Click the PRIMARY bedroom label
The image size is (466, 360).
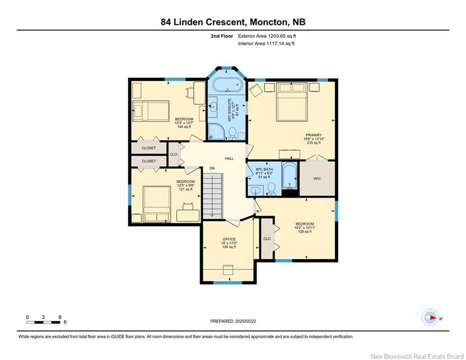tap(313, 135)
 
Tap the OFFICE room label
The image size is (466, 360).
tap(229, 239)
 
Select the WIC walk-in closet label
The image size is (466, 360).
tap(317, 179)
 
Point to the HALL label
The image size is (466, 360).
tap(229, 158)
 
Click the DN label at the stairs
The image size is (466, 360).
tap(212, 168)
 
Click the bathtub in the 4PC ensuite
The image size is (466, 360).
tap(227, 85)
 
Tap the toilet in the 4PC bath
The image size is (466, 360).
tap(271, 189)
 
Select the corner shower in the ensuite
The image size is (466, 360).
tap(216, 132)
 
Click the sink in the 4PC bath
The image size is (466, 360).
tap(255, 190)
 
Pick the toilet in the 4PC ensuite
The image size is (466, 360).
tap(232, 133)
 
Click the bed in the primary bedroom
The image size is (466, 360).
tap(292, 102)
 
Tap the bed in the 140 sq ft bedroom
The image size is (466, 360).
tap(151, 111)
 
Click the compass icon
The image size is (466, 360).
tap(430, 317)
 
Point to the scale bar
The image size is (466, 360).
tap(44, 322)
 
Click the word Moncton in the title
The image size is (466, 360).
tap(269, 22)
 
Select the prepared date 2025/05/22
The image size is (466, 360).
tap(245, 321)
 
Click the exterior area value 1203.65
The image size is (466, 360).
tap(277, 36)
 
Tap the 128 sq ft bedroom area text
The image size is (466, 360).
tap(304, 232)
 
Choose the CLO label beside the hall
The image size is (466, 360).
tap(173, 154)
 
